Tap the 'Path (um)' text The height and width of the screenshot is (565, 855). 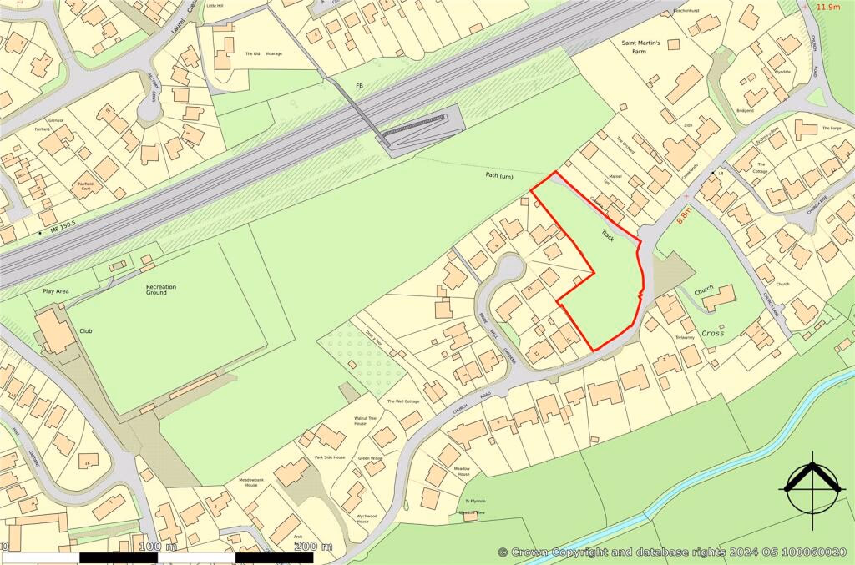(x=504, y=175)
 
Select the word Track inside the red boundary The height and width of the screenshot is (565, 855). (x=608, y=236)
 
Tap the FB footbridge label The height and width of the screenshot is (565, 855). (x=360, y=85)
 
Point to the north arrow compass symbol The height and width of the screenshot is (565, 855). (x=809, y=485)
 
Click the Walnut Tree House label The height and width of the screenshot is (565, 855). (x=366, y=420)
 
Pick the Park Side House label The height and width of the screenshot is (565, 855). (x=329, y=457)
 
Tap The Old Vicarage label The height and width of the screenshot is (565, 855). (x=264, y=53)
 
